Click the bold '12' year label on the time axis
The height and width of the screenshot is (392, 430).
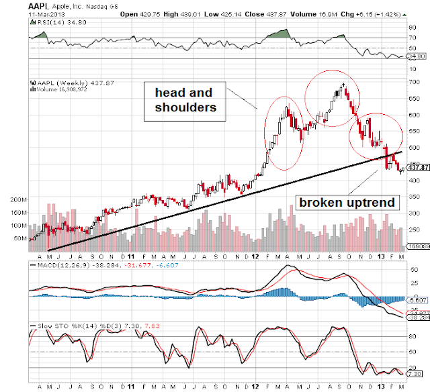pyautogui.click(x=256, y=256)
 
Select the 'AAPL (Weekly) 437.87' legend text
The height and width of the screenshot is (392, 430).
pyautogui.click(x=64, y=85)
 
